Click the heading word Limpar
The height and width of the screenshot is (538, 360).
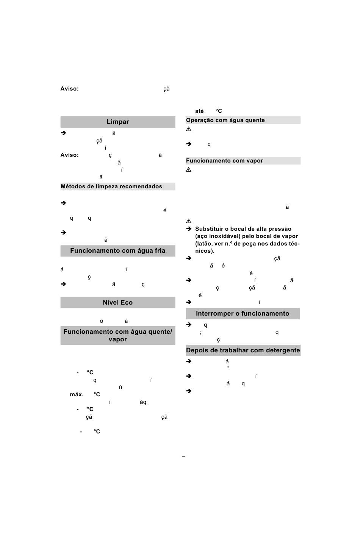(117, 122)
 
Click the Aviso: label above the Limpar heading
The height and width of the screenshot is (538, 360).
(69, 89)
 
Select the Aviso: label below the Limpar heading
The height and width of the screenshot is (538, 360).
(69, 155)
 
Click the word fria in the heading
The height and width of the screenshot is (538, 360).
(158, 251)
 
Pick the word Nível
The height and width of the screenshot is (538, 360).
(110, 303)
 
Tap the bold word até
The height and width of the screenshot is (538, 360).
(199, 111)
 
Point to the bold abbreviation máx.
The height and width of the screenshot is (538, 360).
(77, 395)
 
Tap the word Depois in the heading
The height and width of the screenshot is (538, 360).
(196, 350)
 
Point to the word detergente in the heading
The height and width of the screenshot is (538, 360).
(282, 350)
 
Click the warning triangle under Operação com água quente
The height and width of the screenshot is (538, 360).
(189, 130)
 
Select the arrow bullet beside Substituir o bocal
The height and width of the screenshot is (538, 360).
(189, 229)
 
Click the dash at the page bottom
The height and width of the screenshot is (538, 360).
(183, 456)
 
